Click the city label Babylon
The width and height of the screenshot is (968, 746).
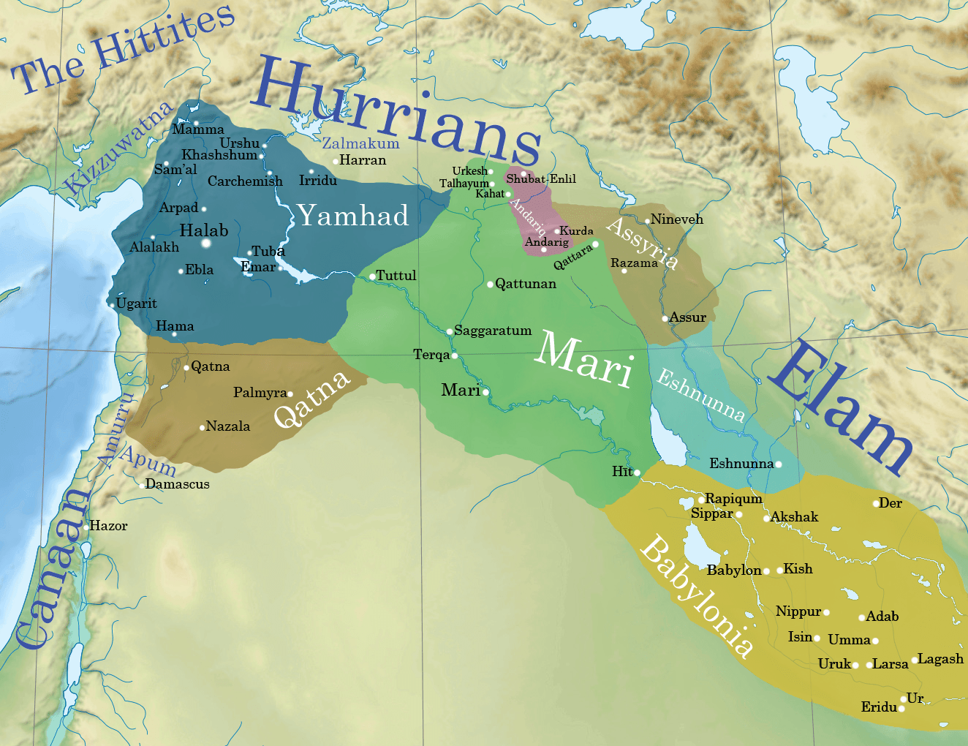pos(733,570)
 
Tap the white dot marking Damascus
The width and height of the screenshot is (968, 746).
pos(142,485)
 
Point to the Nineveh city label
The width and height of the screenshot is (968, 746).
pos(677,219)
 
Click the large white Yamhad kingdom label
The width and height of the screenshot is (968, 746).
pos(353,216)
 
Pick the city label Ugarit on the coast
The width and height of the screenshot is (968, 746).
pos(136,304)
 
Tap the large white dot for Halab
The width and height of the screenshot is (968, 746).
pos(206,243)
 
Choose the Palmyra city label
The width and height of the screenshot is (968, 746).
pos(260,393)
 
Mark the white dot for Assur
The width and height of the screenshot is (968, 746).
pos(665,318)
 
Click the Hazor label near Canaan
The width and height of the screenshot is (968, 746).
pos(108,526)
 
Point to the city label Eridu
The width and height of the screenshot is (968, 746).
pos(879,707)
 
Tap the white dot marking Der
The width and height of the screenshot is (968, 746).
pos(876,503)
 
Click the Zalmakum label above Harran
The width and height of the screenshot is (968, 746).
pos(360,143)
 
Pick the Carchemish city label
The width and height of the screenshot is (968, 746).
pos(245,181)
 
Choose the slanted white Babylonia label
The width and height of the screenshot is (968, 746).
pos(696,596)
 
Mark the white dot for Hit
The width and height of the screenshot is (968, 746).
pos(637,472)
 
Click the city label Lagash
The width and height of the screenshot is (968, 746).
pos(940,659)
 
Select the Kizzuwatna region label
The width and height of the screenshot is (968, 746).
pos(118,148)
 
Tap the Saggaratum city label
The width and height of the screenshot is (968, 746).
pos(493,331)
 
